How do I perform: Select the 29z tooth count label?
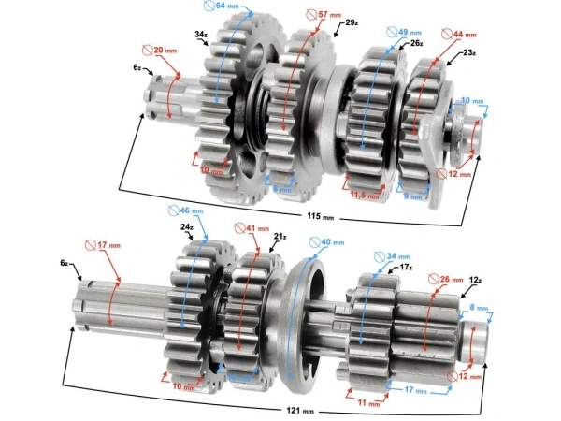tap(351, 22)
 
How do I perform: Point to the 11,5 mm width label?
tap(366, 196)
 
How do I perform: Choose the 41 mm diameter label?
tap(248, 226)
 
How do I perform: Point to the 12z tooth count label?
tap(475, 280)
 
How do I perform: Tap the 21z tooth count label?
tap(280, 237)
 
